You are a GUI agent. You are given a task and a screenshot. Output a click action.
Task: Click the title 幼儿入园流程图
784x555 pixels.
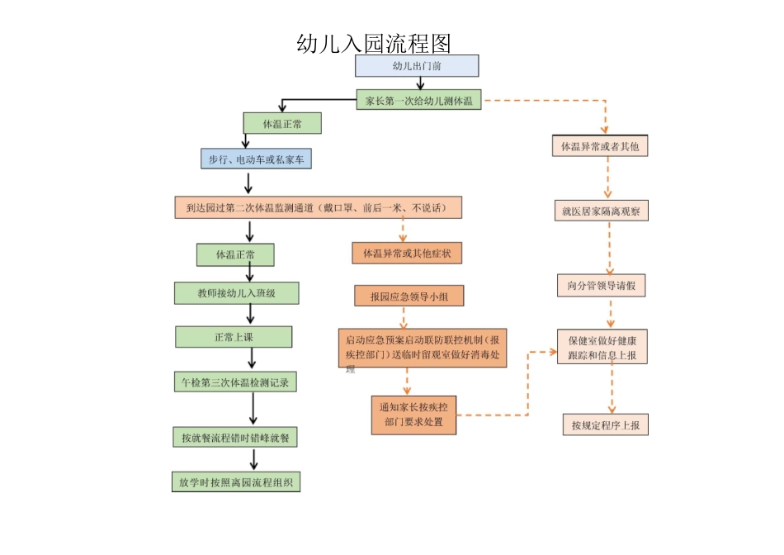373,44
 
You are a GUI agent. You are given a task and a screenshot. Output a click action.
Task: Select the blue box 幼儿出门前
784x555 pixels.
416,66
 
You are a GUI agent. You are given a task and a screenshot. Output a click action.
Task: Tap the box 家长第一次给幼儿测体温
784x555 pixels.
419,101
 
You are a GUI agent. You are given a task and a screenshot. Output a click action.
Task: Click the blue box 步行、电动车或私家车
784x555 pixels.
256,159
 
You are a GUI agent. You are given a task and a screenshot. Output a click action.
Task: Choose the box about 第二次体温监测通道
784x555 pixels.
318,207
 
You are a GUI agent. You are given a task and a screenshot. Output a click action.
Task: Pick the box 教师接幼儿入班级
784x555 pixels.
236,293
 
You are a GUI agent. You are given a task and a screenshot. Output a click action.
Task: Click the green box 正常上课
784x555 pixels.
234,337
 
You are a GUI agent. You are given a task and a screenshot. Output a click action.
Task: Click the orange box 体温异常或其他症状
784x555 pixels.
407,253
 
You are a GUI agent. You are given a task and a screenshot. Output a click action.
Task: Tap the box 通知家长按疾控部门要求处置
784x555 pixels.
413,415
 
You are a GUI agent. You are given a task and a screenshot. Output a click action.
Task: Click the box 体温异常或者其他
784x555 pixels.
600,146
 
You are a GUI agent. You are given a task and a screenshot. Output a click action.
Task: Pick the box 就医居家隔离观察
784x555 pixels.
600,211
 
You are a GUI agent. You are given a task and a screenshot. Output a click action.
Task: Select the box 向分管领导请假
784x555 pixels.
601,286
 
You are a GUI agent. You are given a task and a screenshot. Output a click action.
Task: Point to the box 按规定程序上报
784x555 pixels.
605,425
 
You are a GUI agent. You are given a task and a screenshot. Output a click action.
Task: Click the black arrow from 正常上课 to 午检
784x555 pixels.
253,358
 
